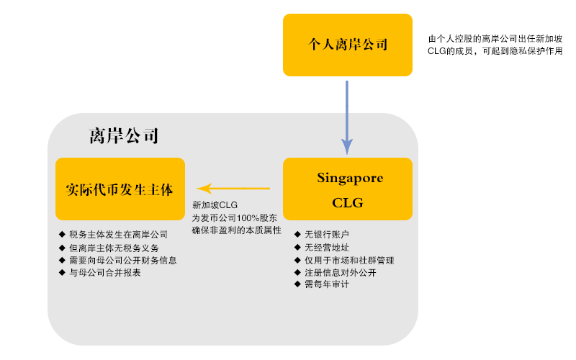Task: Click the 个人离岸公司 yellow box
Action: (348, 45)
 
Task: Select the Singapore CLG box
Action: (348, 189)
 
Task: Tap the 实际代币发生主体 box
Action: (120, 189)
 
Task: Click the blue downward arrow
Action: (347, 117)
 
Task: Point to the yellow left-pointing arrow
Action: (233, 189)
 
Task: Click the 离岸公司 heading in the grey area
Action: (124, 136)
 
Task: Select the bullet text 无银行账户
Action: (327, 235)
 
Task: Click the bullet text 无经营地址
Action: (327, 247)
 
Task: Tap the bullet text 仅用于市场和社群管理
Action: (349, 261)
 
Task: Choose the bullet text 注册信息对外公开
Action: (341, 273)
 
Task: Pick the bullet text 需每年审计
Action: (327, 284)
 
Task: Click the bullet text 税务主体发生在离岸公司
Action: (118, 235)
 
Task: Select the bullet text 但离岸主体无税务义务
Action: (114, 248)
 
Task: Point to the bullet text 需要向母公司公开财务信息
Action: (123, 261)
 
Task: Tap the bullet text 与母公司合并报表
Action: (105, 273)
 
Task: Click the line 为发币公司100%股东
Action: (235, 218)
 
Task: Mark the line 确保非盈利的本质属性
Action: (237, 230)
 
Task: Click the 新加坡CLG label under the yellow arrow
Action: (215, 205)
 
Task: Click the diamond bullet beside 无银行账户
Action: (297, 234)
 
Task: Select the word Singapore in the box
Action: (350, 178)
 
